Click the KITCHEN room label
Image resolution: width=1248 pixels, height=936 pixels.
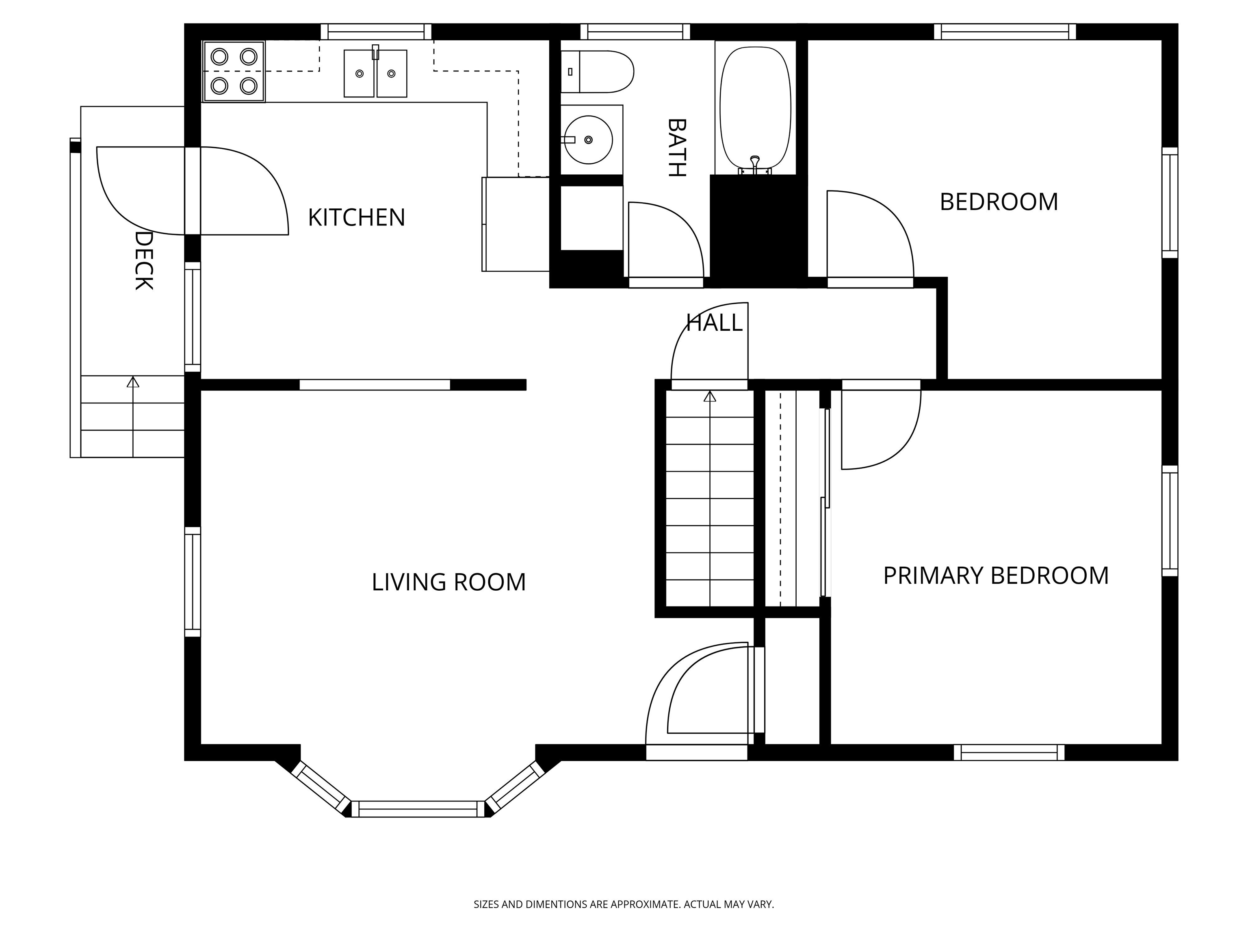point(357,217)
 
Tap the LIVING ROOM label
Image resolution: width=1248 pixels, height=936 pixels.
point(448,582)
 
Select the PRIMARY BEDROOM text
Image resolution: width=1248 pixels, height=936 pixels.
point(996,576)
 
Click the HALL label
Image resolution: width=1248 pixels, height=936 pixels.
point(714,323)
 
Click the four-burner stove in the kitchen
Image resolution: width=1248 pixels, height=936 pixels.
point(234,71)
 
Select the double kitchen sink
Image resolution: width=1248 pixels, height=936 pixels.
point(375,73)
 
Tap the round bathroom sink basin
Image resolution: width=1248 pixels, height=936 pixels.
point(589,140)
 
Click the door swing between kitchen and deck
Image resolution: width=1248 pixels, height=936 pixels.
point(193,191)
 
